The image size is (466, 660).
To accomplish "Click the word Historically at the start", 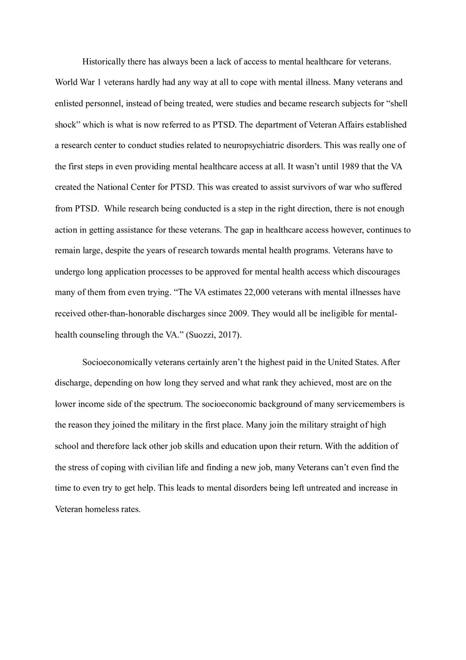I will point(104,62).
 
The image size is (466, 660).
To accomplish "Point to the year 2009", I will point(238,313).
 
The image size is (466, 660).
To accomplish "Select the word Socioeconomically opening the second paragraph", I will point(116,363).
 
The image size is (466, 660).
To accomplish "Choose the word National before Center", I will point(112,187).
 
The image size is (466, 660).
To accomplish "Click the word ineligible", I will point(337,313).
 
